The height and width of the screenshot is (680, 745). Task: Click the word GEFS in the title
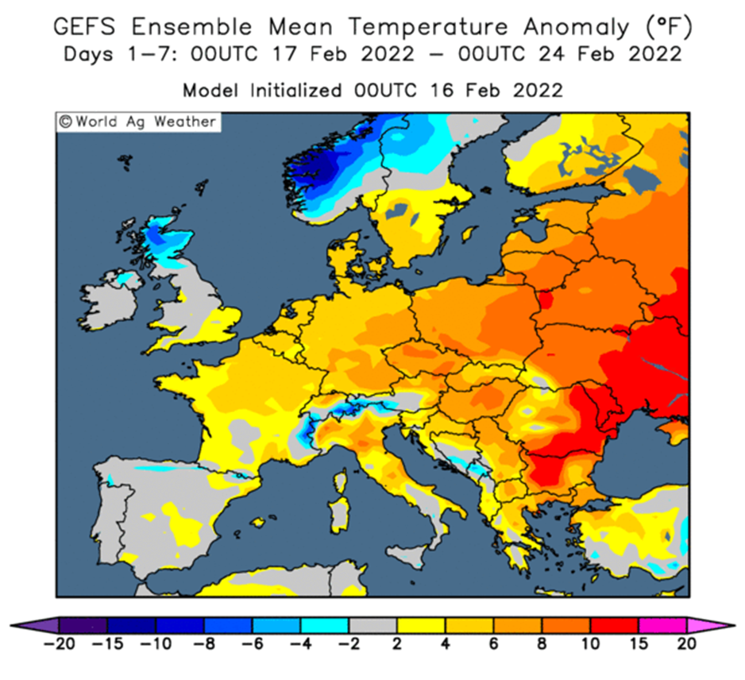click(84, 26)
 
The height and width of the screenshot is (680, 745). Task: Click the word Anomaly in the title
click(577, 28)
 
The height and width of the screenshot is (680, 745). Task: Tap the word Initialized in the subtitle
click(295, 91)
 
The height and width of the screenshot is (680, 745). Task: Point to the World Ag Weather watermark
click(138, 122)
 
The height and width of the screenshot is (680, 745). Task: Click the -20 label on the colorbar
click(59, 644)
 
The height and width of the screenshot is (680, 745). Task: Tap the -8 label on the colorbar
click(204, 644)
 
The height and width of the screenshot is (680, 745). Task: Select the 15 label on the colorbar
click(639, 644)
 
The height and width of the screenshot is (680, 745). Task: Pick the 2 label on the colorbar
click(397, 644)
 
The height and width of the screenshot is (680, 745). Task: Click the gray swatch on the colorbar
click(373, 625)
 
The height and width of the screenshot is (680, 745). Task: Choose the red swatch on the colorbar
click(614, 625)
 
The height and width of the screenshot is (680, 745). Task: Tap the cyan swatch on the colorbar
click(325, 625)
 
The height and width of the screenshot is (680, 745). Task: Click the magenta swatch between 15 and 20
click(662, 625)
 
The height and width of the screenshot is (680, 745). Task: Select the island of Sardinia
click(339, 515)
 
